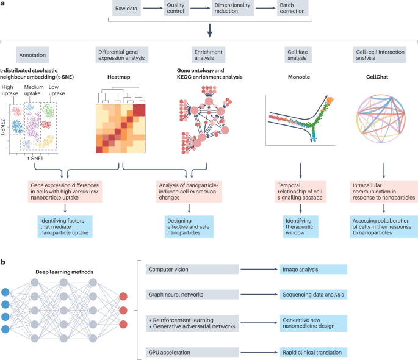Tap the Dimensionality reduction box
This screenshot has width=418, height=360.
(229, 10)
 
